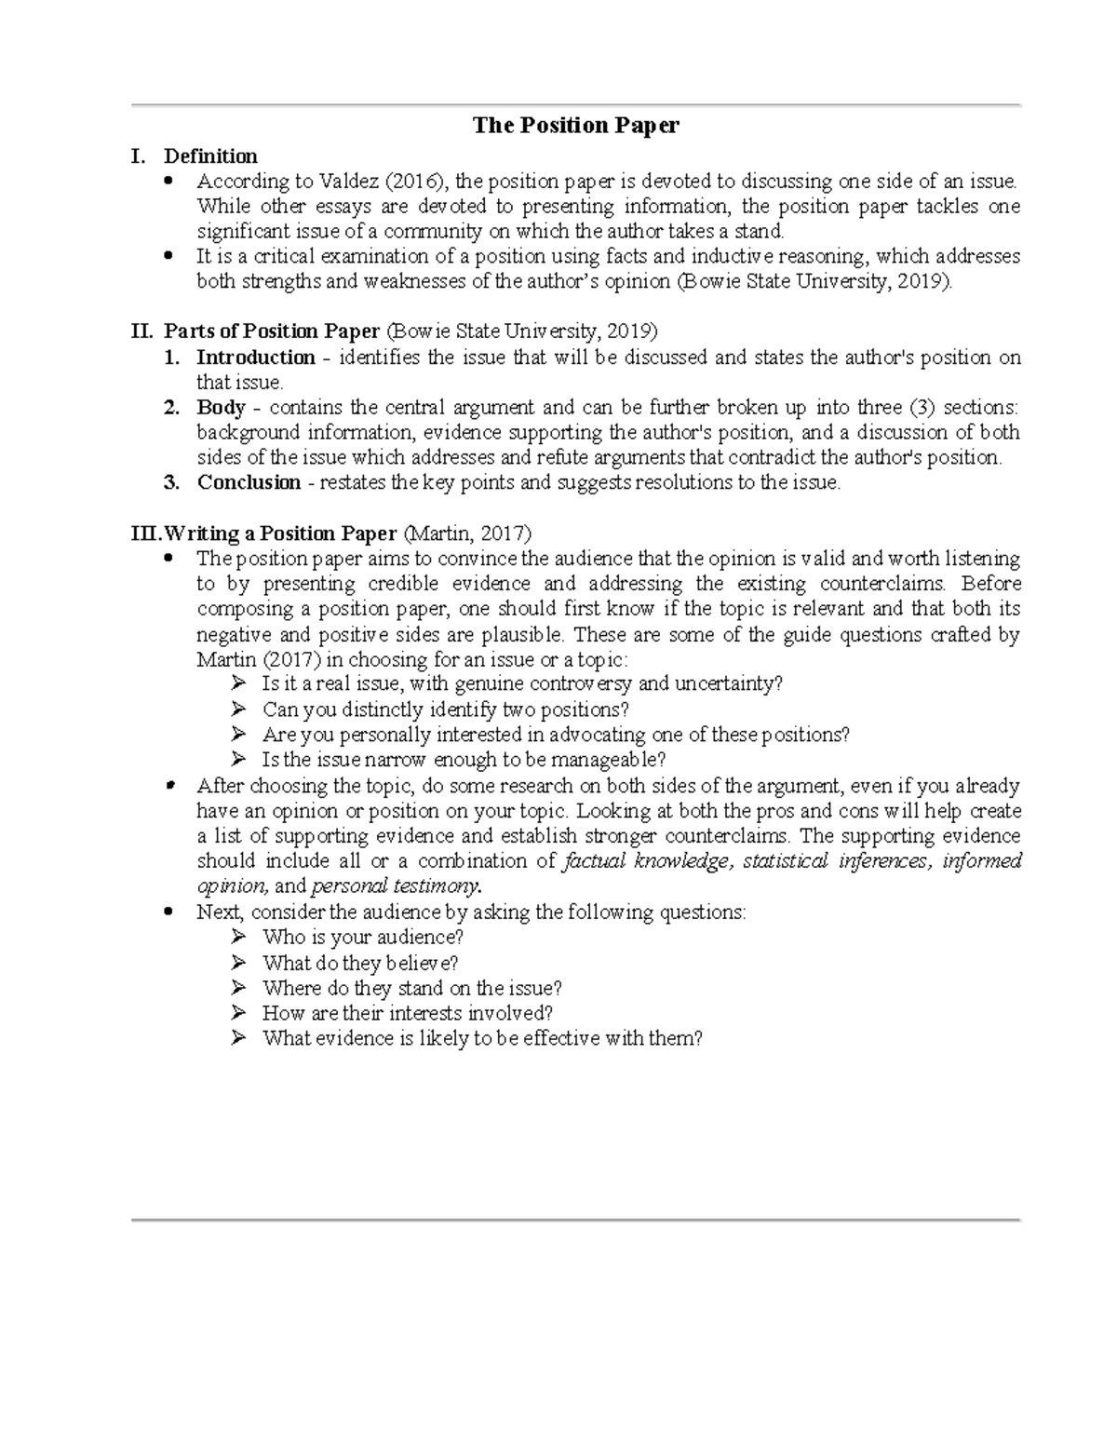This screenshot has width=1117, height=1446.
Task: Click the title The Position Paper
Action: point(575,125)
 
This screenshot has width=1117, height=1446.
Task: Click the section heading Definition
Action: point(210,155)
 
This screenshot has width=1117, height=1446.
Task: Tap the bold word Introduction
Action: point(255,358)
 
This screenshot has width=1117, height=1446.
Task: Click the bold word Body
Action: point(221,408)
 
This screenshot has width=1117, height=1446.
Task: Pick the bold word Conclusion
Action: point(249,482)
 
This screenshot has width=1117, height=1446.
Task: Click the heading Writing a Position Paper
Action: point(280,534)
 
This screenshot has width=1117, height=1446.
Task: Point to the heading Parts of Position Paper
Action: point(272,331)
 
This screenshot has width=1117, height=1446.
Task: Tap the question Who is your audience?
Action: point(363,937)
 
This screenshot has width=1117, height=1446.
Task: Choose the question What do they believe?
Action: point(360,963)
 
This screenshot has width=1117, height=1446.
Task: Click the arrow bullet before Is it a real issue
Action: point(239,683)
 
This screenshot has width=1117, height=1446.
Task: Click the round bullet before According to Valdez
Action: point(168,181)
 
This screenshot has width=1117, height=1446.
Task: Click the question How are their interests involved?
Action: point(408,1013)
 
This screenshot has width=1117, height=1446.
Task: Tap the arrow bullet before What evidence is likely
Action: point(239,1038)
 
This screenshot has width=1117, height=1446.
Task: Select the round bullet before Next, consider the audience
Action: point(168,912)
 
